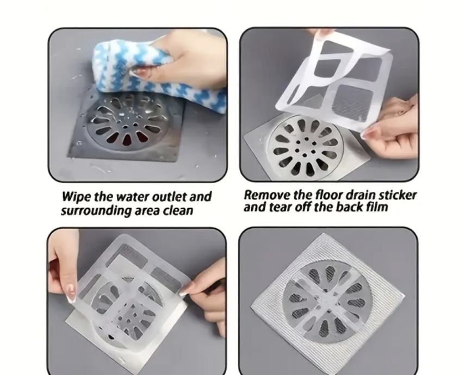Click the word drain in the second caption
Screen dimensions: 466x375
[x=359, y=195]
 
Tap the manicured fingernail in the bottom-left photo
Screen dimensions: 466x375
[x=71, y=293]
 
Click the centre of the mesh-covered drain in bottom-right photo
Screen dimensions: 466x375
[x=327, y=301]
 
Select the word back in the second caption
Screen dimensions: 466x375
[x=350, y=207]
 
